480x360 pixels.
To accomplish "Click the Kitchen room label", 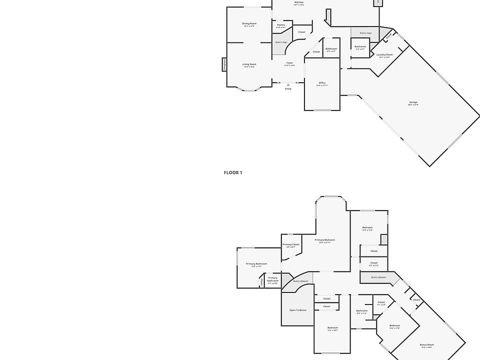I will click(x=299, y=2).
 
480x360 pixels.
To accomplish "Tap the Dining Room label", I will click(x=249, y=24).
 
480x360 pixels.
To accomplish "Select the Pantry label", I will click(x=281, y=25).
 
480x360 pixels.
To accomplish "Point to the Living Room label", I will click(x=249, y=64).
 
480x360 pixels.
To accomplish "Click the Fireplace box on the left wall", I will click(x=225, y=64).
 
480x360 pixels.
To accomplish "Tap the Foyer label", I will click(x=289, y=63).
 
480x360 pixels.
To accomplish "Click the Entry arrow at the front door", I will click(x=288, y=85).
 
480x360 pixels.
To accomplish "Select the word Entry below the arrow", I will click(x=288, y=89).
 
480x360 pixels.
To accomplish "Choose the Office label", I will click(x=322, y=83).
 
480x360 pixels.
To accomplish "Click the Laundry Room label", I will click(x=384, y=55).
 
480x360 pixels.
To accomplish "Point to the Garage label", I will click(x=413, y=102).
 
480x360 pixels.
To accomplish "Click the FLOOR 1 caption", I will click(x=233, y=172).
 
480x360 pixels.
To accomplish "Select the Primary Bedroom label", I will click(x=325, y=240).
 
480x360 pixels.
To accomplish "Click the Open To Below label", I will click(x=297, y=310).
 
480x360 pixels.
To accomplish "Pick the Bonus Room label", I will click(x=426, y=345).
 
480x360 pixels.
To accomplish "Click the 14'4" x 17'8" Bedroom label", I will click(x=394, y=326).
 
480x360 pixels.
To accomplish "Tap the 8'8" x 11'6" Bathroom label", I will click(x=362, y=310).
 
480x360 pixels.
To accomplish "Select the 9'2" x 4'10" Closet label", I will click(x=374, y=263).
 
